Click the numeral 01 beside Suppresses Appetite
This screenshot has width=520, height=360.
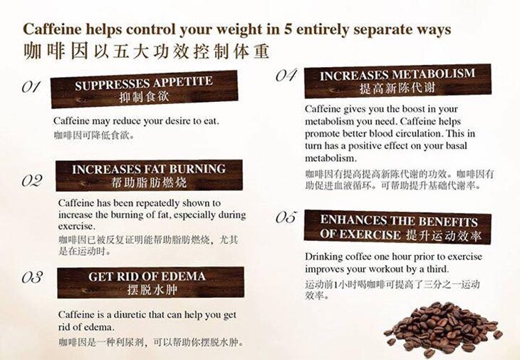point(31,87)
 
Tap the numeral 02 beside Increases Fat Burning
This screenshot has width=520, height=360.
point(32,181)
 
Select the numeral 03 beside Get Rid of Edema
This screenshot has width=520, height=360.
point(32,277)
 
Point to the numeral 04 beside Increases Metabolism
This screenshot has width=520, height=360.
point(286,76)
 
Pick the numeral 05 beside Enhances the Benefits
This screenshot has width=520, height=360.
point(286,217)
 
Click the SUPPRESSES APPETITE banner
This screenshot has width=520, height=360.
point(145,89)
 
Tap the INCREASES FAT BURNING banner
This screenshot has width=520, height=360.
point(150,175)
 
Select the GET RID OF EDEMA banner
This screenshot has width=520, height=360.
point(150,283)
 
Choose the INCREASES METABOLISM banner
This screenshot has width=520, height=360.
point(397,81)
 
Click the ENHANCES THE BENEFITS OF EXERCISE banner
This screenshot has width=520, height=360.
point(397,227)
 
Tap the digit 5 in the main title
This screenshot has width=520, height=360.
point(288,29)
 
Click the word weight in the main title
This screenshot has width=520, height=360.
point(239,30)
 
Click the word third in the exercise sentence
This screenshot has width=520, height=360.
point(437,269)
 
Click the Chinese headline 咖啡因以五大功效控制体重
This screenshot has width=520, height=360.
point(146,51)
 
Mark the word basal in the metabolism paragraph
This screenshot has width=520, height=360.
point(457,145)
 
